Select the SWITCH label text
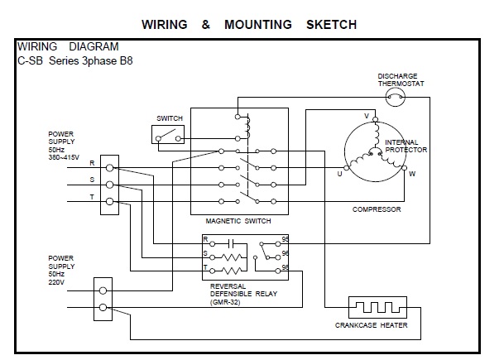169,118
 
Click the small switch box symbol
169,134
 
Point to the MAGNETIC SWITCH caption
238,222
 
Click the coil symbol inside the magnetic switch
247,124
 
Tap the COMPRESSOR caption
377,209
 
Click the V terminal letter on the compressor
367,114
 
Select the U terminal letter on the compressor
338,174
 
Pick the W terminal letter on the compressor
412,174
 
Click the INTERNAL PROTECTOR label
406,146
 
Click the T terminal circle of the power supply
110,201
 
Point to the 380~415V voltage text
65,156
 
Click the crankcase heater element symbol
377,307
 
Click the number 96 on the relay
286,254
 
